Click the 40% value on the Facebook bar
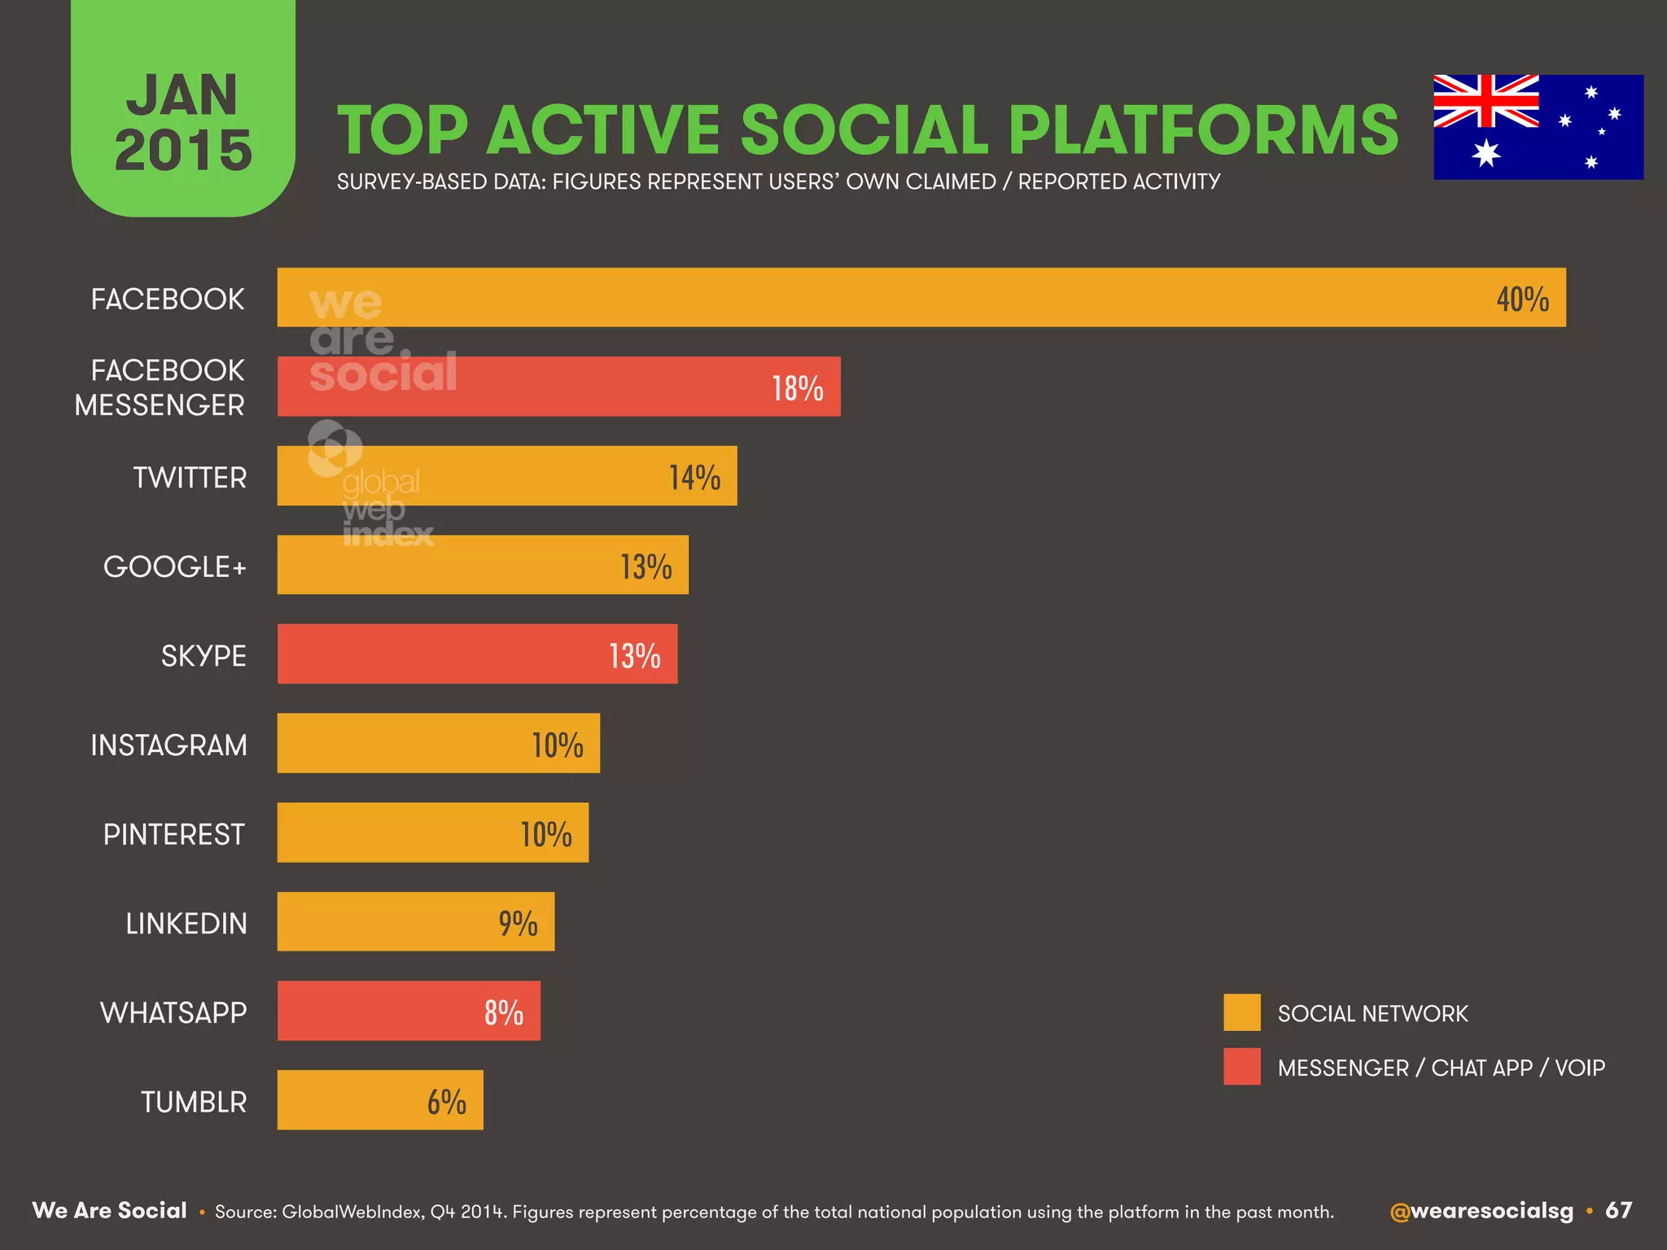click(x=1522, y=299)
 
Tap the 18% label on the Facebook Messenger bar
click(x=798, y=388)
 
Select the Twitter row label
click(x=190, y=478)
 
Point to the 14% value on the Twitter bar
click(x=694, y=478)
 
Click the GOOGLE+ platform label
click(x=174, y=566)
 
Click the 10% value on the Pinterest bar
click(x=546, y=834)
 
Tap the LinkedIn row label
click(x=186, y=924)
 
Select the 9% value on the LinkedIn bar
click(x=518, y=924)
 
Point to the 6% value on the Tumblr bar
click(x=446, y=1102)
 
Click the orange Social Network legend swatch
click(x=1241, y=1012)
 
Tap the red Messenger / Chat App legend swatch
click(x=1241, y=1066)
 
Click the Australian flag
click(x=1538, y=127)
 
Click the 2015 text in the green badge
click(x=183, y=151)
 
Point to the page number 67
click(x=1618, y=1210)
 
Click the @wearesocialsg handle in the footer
click(x=1481, y=1211)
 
